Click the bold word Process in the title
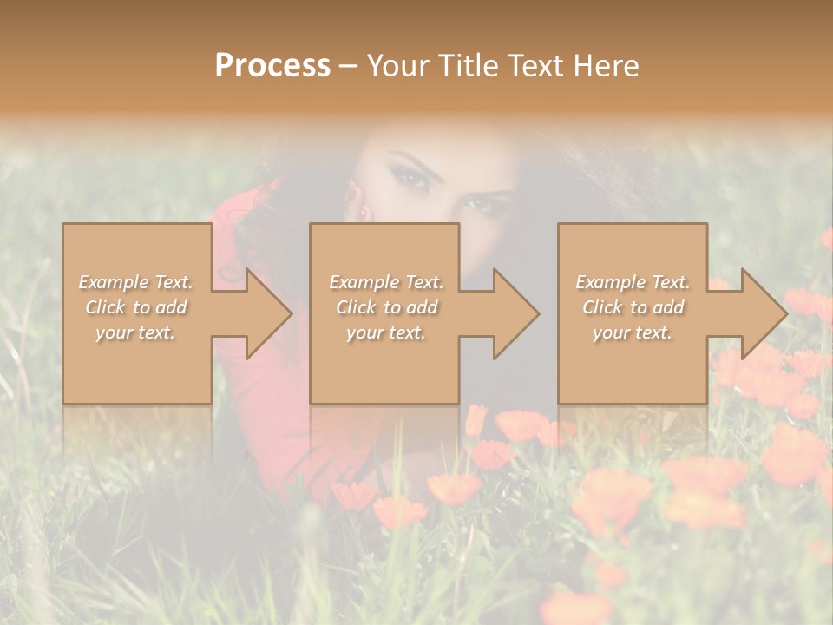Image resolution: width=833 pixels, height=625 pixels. coord(272,66)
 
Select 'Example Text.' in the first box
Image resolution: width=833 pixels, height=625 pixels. coord(135,282)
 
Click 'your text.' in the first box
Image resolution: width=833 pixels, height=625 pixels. coord(135,332)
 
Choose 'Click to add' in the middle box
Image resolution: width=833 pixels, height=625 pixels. coord(386,307)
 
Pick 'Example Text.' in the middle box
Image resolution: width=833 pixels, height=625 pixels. coord(386,282)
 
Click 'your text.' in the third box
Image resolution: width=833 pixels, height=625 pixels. coord(633,332)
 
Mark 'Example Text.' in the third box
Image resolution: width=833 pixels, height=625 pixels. coord(633,282)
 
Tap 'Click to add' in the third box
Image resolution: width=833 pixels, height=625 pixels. coord(633,307)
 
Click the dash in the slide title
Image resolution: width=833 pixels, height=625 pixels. coord(348,66)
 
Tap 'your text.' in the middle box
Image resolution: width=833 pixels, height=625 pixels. coord(386,332)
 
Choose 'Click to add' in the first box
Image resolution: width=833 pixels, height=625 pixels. coord(135,307)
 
